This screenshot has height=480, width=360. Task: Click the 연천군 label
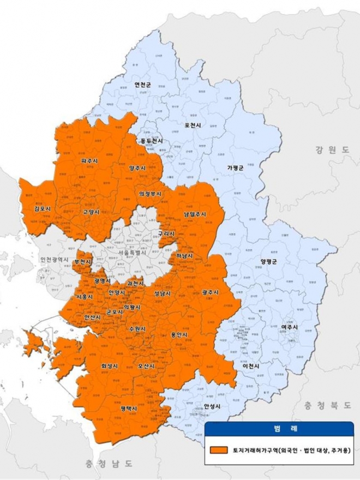(143, 85)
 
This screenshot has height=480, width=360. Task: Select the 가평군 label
(235, 167)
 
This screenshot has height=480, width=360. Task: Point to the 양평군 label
(269, 261)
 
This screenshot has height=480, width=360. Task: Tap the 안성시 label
(212, 406)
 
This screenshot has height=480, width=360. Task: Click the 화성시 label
(110, 365)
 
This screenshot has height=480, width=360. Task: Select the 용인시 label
(179, 334)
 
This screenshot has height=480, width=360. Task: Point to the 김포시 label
(41, 208)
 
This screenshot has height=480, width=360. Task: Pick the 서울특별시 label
(125, 254)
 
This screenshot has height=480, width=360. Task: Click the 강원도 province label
(332, 150)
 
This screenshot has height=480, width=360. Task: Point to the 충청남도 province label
(109, 464)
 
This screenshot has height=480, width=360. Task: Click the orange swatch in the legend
(218, 450)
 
